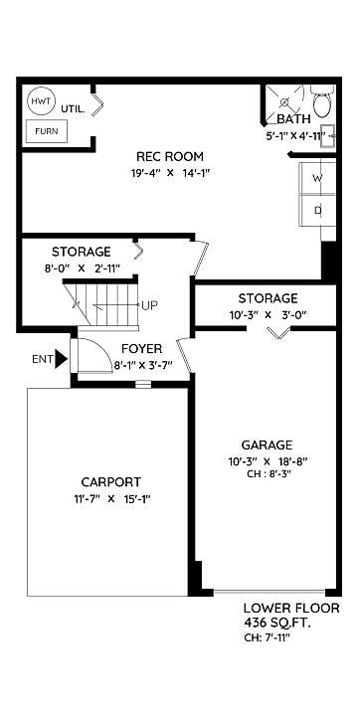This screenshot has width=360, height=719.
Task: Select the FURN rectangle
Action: pyautogui.click(x=47, y=131)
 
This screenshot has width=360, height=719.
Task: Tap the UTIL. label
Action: pyautogui.click(x=73, y=109)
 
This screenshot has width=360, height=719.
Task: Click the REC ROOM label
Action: pyautogui.click(x=170, y=157)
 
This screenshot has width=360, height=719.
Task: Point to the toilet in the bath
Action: pyautogui.click(x=323, y=102)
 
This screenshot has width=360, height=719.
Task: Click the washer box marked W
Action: pyautogui.click(x=317, y=178)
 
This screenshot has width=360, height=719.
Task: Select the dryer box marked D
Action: pyautogui.click(x=317, y=211)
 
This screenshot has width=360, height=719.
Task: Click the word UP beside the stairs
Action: pyautogui.click(x=150, y=305)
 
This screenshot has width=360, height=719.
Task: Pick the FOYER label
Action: pyautogui.click(x=141, y=349)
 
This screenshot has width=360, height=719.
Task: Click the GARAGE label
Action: pyautogui.click(x=267, y=445)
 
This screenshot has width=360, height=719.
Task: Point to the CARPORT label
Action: pyautogui.click(x=111, y=482)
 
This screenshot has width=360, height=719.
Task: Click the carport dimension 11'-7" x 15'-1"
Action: pyautogui.click(x=112, y=499)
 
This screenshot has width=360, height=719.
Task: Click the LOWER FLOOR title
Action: pyautogui.click(x=291, y=609)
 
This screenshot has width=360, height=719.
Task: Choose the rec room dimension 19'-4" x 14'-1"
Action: pyautogui.click(x=170, y=173)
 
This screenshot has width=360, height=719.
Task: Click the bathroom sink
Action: pyautogui.click(x=327, y=136)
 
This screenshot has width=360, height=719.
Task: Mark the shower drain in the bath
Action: pyautogui.click(x=283, y=101)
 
